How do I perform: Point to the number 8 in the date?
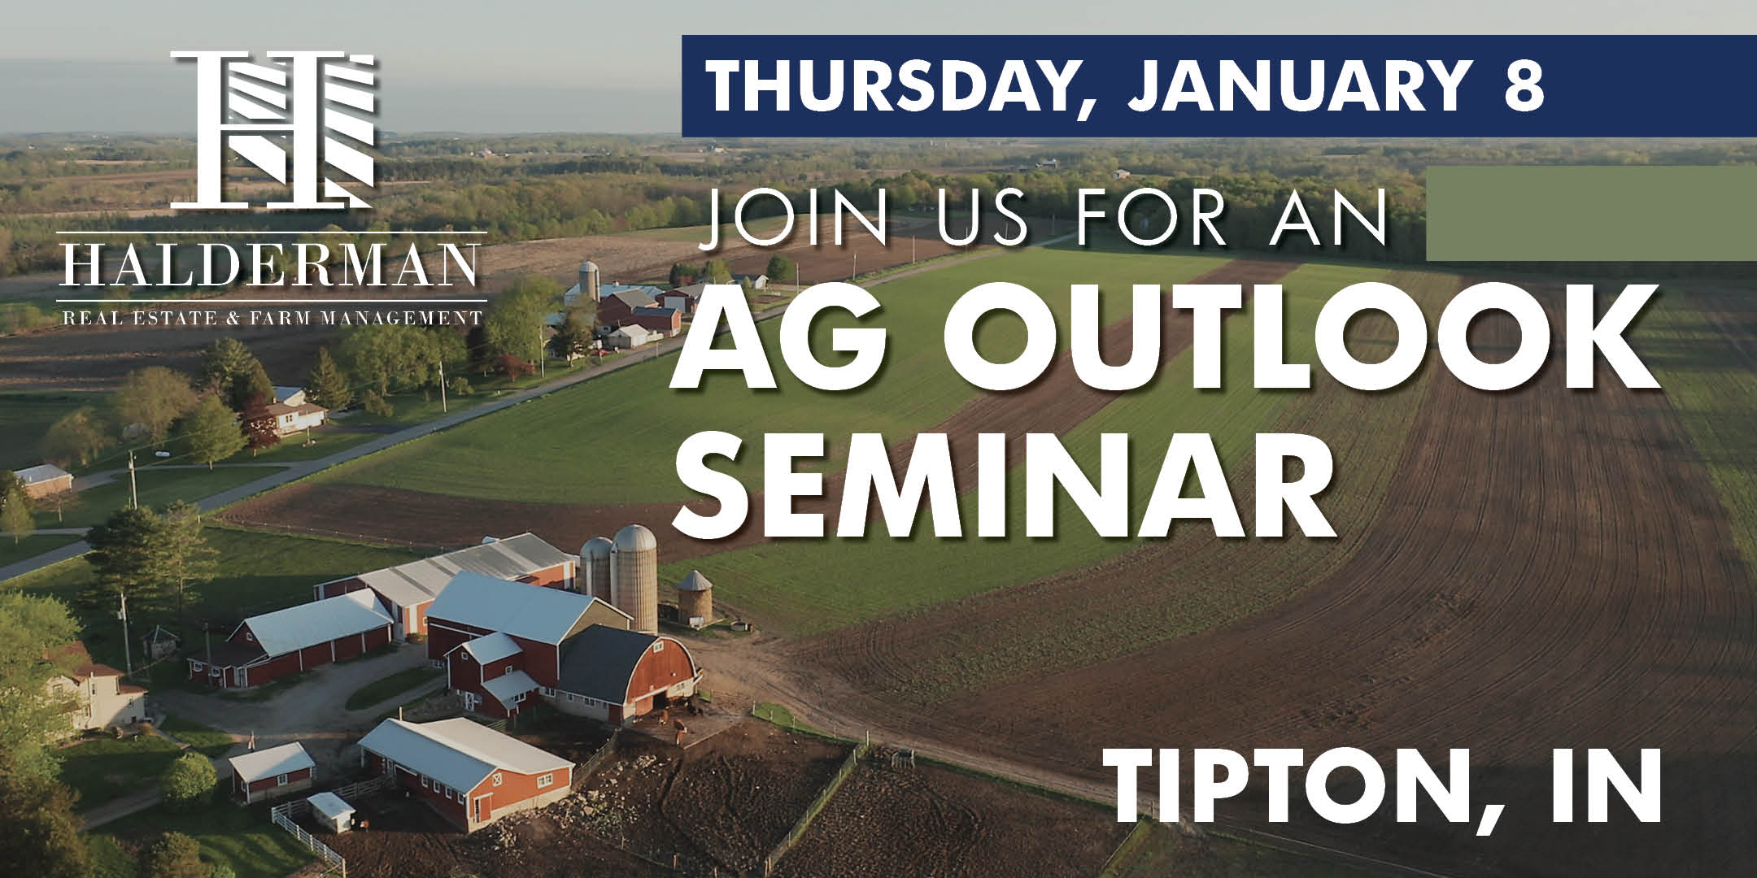(x=1524, y=85)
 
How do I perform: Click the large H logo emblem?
(x=272, y=130)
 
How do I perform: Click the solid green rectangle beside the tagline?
(x=1591, y=213)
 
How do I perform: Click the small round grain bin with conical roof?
(x=695, y=597)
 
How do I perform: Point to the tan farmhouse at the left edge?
(x=94, y=695)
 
